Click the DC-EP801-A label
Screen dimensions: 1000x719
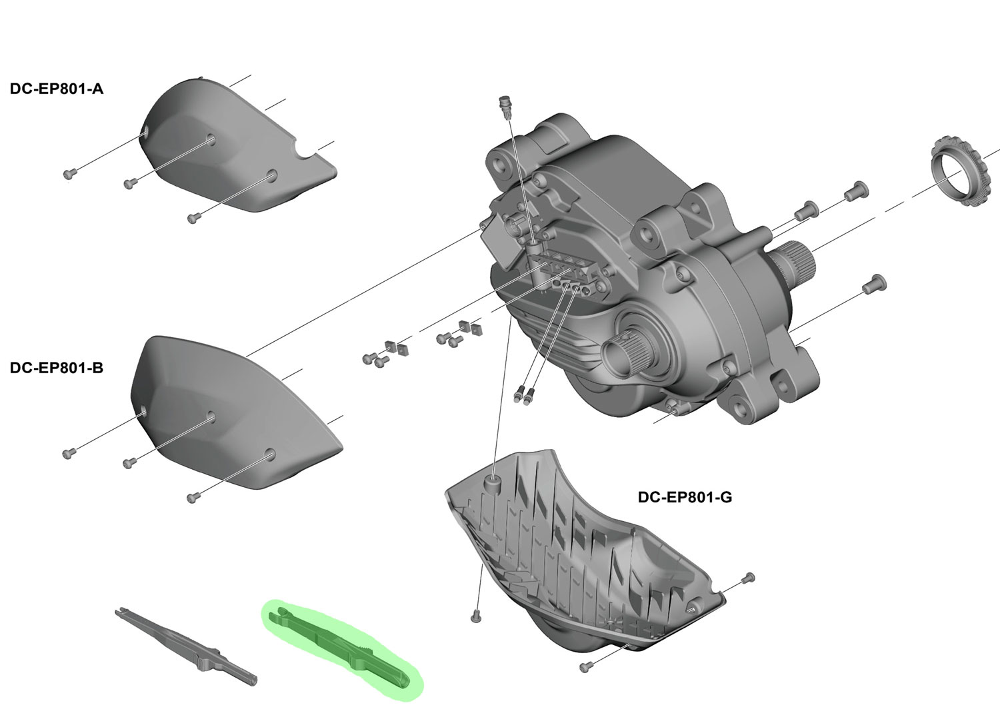pos(57,89)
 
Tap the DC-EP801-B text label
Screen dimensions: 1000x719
pos(57,368)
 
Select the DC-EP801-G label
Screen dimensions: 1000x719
pos(685,497)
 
